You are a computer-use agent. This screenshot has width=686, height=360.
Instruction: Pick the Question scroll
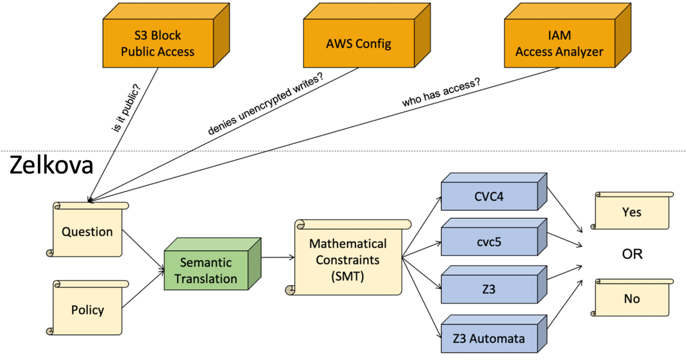[x=87, y=231]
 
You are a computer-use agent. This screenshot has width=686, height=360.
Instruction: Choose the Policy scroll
[x=87, y=310]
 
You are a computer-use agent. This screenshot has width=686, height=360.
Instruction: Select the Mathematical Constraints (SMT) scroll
[x=348, y=258]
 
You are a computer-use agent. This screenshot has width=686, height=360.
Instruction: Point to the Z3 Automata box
[x=489, y=338]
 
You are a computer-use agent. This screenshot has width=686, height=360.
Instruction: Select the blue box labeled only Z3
[x=489, y=289]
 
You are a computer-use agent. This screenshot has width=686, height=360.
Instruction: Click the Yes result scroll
[x=631, y=212]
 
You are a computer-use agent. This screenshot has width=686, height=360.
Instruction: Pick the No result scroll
[x=631, y=298]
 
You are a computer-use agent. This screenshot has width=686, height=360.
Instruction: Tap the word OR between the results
[x=632, y=254]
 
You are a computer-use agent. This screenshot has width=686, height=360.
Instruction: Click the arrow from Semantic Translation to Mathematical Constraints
[x=277, y=258]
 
